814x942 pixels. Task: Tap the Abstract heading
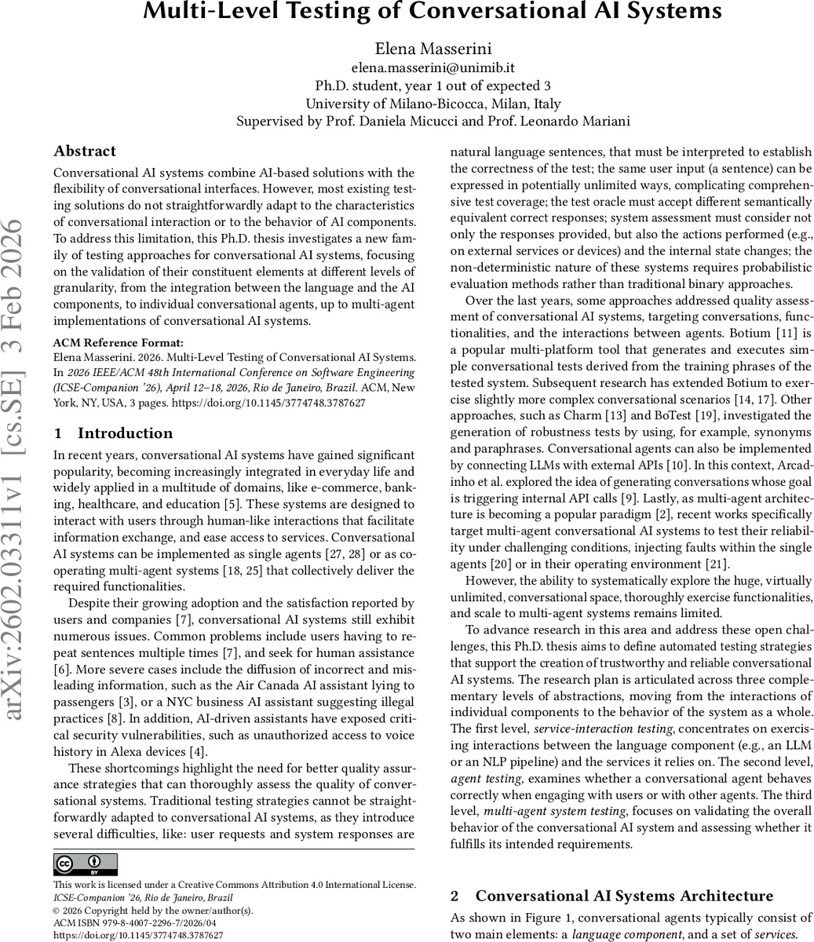[85, 151]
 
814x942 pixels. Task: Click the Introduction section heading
[125, 433]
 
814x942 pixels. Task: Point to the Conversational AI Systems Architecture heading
[624, 896]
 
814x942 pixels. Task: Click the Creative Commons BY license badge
[86, 864]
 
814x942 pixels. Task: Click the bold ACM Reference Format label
[118, 342]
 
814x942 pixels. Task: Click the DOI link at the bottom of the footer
[138, 936]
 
